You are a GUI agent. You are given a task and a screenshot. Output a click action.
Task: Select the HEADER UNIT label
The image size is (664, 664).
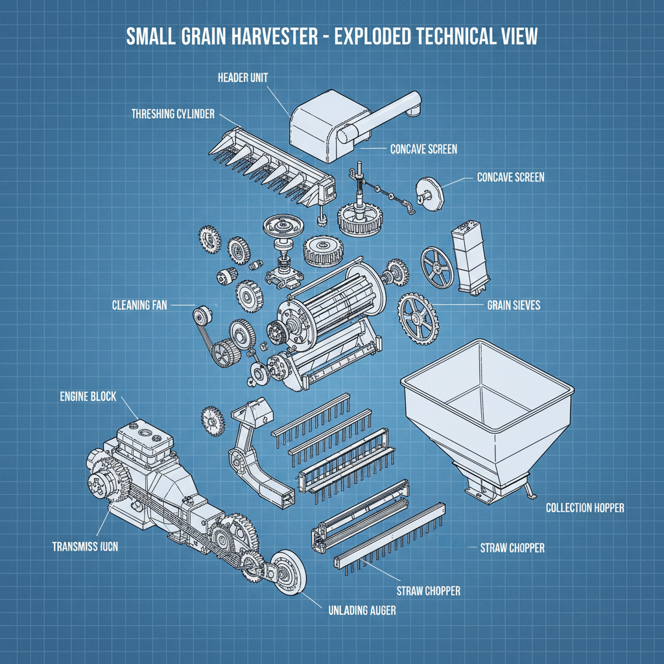pos(243,77)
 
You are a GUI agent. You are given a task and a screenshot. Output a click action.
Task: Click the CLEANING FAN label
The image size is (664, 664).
pos(139,305)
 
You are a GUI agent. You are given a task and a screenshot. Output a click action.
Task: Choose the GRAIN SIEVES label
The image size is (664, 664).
pos(513,304)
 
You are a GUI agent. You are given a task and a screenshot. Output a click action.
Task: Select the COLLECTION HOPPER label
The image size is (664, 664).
pos(584,508)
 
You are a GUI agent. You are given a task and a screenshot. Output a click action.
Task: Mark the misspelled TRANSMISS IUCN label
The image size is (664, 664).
pos(85,547)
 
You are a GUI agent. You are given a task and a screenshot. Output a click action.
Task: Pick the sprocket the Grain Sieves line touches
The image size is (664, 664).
pos(418,316)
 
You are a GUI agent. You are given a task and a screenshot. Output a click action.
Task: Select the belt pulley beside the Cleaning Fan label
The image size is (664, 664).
pos(202,318)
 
